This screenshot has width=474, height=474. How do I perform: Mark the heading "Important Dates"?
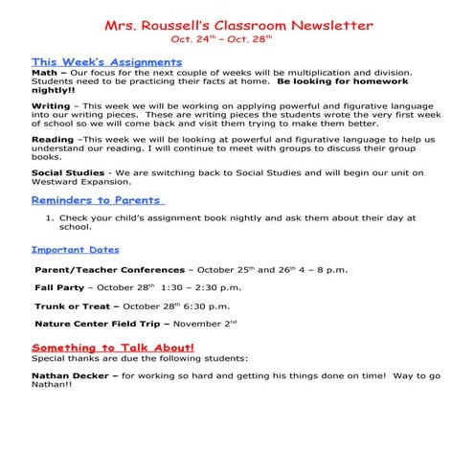point(76,249)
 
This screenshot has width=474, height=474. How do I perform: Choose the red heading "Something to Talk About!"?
point(113,347)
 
